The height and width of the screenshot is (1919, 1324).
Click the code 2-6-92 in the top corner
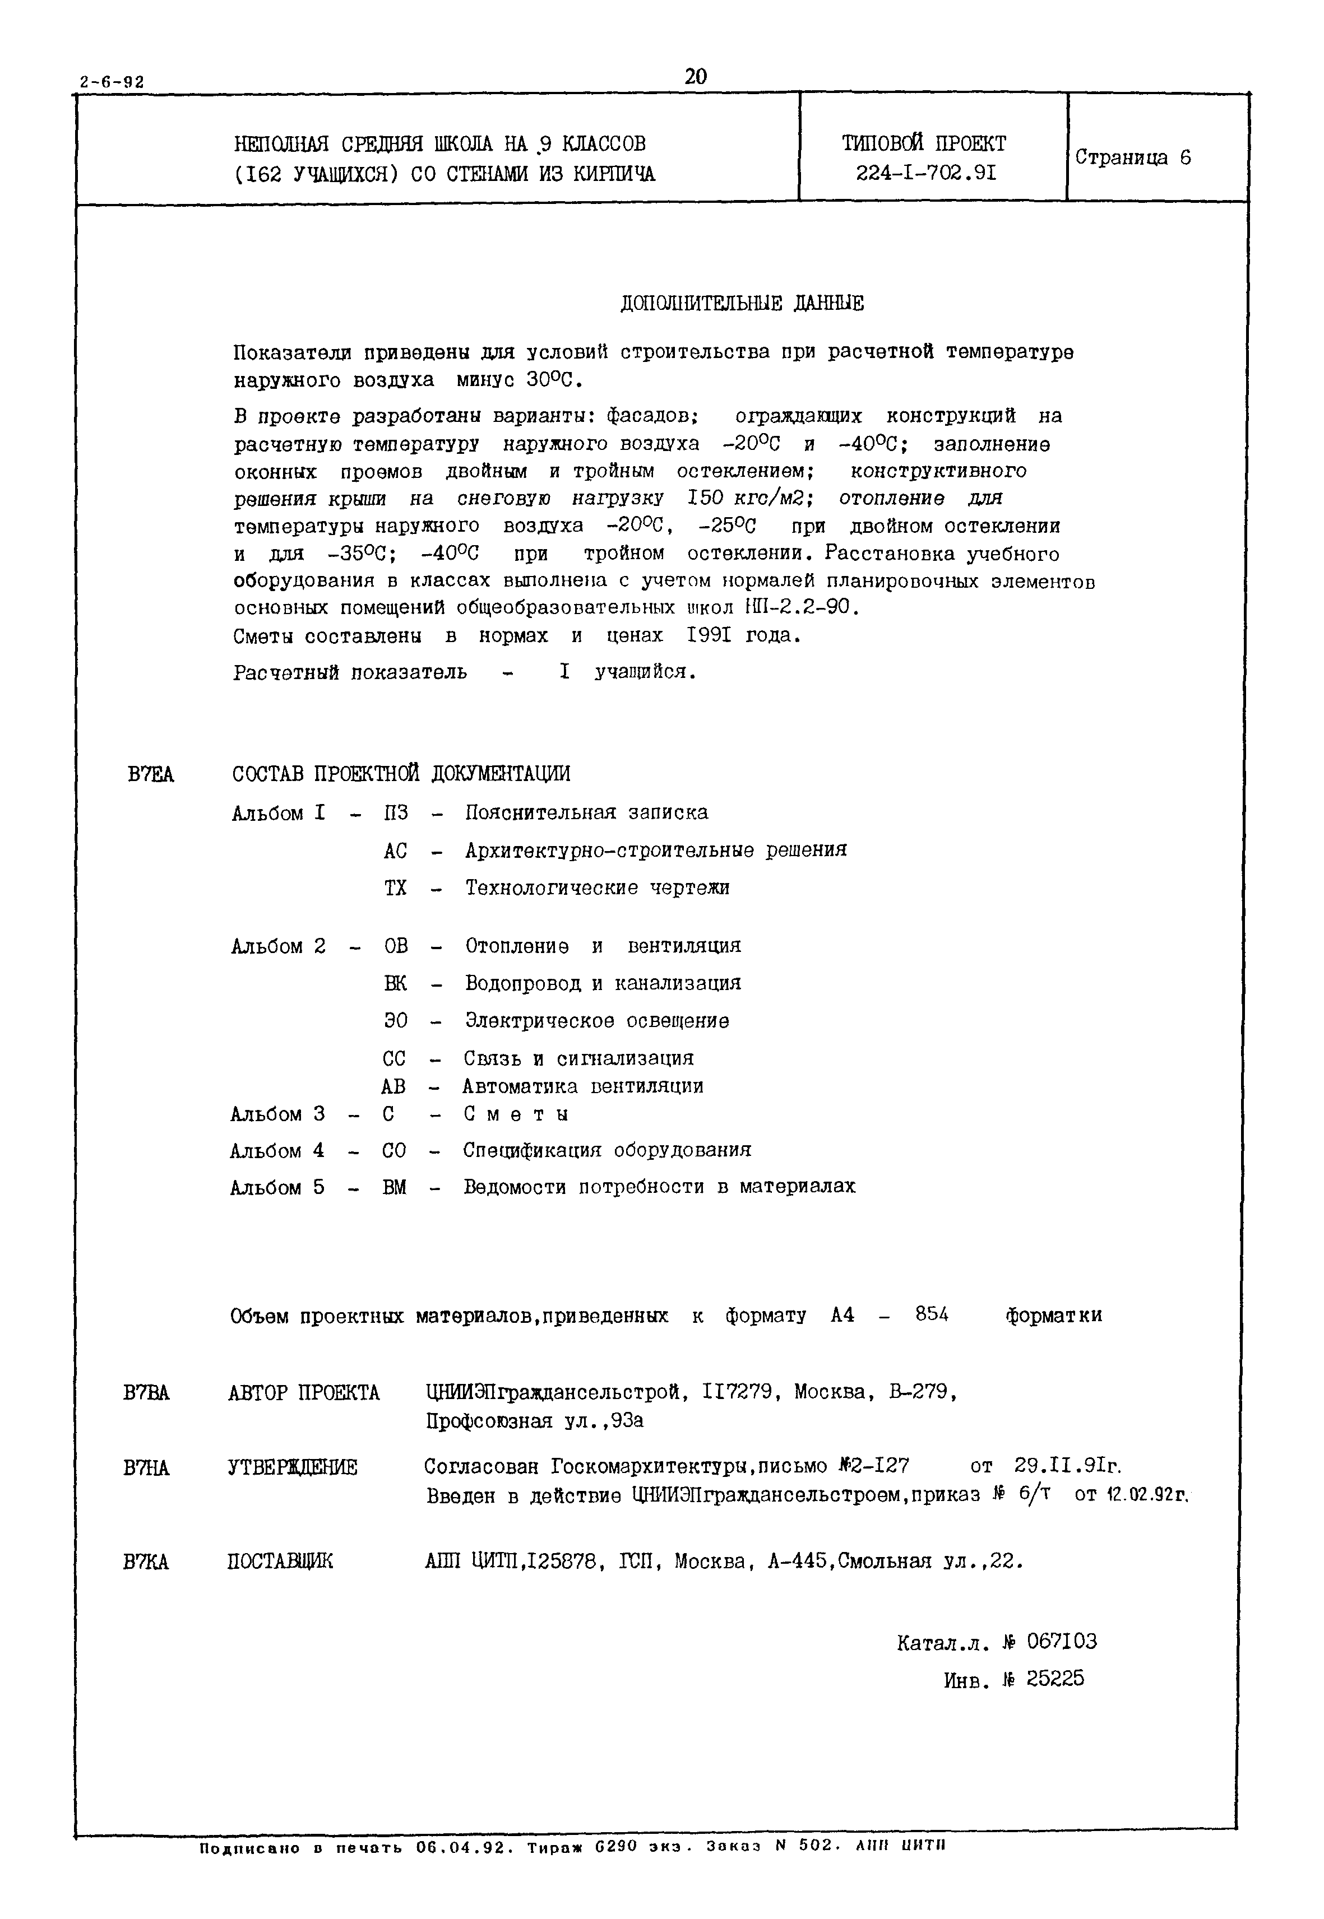click(x=112, y=83)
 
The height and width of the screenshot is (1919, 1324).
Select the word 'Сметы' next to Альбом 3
click(x=516, y=1114)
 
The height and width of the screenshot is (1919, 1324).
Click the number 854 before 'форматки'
click(x=932, y=1314)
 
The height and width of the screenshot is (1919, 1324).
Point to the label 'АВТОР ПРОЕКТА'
click(x=304, y=1393)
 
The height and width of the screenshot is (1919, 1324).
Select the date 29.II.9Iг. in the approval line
click(x=1068, y=1465)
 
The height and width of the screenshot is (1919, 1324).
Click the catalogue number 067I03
click(x=1061, y=1641)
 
